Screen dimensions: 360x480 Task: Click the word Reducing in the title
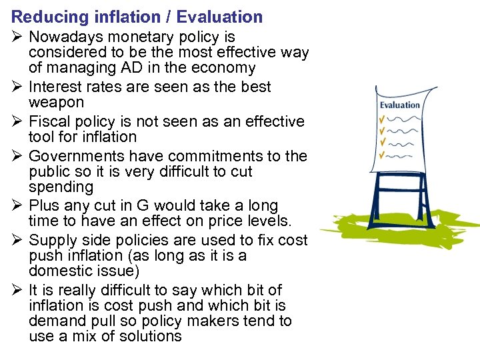[42, 17]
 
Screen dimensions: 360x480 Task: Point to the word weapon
[56, 103]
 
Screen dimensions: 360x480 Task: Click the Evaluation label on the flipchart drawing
[400, 105]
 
